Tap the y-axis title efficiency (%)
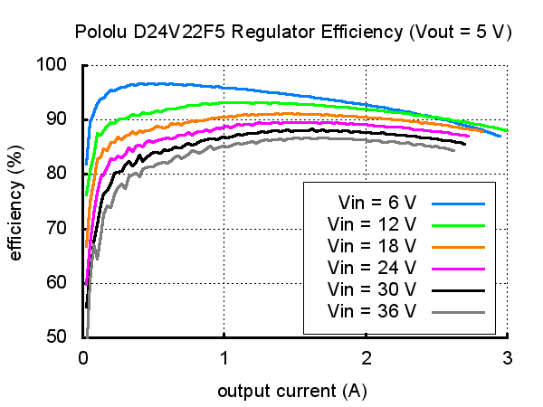tap(15, 200)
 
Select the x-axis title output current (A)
tap(292, 392)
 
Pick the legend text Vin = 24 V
tap(372, 268)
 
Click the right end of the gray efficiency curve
tap(454, 150)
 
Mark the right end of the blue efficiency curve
tap(500, 136)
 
